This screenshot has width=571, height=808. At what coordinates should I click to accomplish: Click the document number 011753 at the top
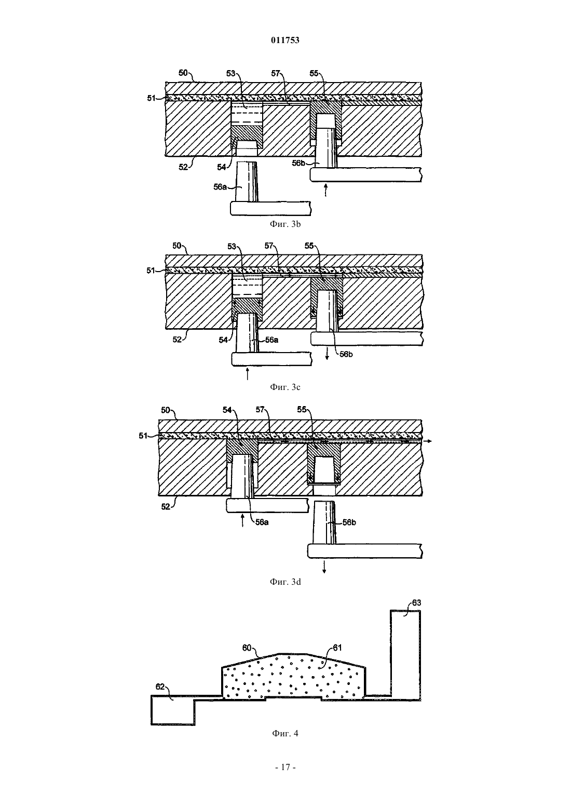pos(285,40)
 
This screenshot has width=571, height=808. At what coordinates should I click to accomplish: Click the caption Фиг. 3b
pos(285,224)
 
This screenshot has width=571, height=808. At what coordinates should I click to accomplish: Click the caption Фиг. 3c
pos(285,387)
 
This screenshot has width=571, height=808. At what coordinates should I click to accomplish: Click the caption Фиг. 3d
pos(285,582)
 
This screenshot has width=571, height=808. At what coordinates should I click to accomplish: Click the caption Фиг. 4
pos(285,733)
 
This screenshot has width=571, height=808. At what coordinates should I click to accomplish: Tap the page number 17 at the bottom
pos(285,767)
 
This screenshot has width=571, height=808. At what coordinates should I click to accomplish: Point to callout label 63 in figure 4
pos(417,603)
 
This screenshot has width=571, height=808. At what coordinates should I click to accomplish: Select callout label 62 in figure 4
pos(160,686)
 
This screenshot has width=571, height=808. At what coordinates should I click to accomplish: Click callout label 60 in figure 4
pos(247,648)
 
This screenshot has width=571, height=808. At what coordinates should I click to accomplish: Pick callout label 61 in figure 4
pos(337,648)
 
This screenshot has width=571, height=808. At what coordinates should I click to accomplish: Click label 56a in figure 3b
pos(220,187)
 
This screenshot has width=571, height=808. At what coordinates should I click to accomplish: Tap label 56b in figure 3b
pos(298,163)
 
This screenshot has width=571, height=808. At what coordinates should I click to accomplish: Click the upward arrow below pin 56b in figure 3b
pos(326,190)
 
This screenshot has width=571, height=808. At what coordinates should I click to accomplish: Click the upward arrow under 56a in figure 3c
pos(247,374)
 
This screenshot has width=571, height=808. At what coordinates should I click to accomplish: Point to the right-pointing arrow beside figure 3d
pos(428,441)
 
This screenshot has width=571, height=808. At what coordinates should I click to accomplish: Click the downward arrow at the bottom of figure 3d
pos(324,567)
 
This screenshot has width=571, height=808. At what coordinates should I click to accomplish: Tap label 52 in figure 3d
pos(166,507)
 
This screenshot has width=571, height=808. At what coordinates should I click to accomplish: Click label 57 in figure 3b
pos(276,73)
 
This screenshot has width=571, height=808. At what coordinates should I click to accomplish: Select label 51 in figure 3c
pos(151,270)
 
